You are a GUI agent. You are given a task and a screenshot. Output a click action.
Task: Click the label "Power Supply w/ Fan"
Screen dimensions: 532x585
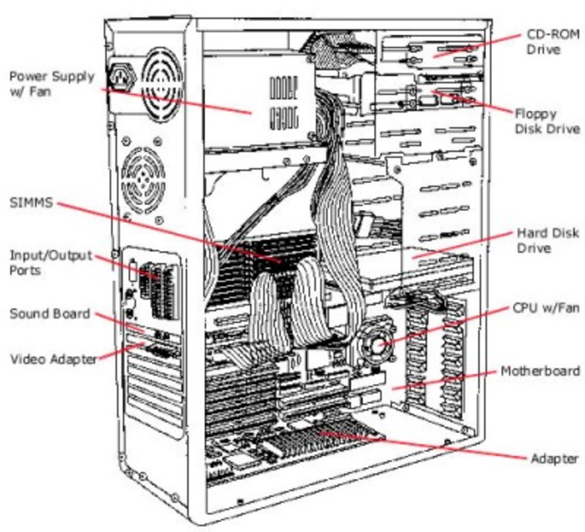[51, 83]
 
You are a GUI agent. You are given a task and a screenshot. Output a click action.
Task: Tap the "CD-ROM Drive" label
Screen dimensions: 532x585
[553, 42]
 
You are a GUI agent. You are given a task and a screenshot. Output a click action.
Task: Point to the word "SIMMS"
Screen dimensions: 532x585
[31, 203]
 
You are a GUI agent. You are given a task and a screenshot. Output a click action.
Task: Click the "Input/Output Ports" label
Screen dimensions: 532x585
[51, 263]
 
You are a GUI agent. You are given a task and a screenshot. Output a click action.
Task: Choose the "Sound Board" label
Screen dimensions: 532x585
[50, 313]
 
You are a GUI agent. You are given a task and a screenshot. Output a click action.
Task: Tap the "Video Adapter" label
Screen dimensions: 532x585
[53, 359]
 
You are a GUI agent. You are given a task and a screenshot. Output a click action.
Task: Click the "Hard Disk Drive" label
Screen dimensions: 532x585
[547, 240]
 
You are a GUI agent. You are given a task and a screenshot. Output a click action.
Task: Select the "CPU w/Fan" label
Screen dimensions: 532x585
[546, 308]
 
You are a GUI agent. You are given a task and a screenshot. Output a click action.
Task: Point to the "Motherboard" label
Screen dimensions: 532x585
[540, 371]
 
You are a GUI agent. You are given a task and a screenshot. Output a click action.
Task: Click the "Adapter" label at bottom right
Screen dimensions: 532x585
[554, 458]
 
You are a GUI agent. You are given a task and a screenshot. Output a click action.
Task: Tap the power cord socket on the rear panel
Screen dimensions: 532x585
[120, 77]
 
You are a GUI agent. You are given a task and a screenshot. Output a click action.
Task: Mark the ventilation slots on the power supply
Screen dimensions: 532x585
[284, 103]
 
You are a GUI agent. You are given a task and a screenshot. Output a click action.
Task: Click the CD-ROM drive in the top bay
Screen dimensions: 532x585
[429, 53]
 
